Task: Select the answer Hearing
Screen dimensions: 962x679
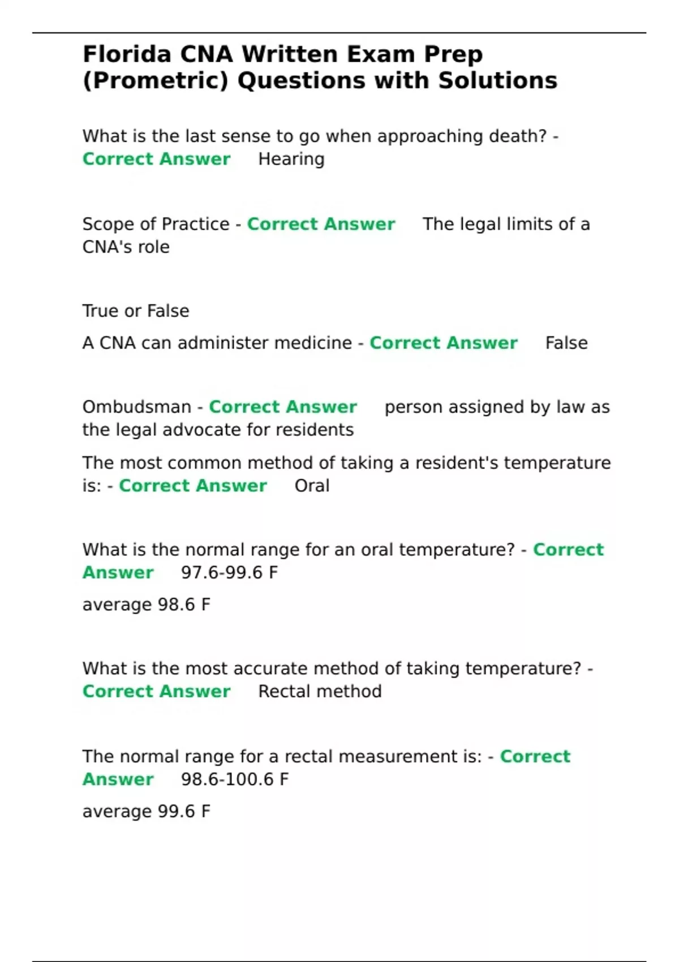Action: (x=291, y=159)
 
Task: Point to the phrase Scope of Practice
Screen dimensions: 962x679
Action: (x=156, y=224)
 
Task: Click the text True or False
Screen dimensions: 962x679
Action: (x=136, y=311)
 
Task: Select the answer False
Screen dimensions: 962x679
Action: (x=566, y=343)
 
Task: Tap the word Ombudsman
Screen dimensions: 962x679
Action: (x=137, y=407)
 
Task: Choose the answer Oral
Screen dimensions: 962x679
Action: (x=312, y=486)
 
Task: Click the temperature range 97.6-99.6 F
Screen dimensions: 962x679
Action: (x=229, y=573)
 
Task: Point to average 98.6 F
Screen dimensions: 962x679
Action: (x=146, y=604)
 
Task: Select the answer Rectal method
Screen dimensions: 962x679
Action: (x=320, y=692)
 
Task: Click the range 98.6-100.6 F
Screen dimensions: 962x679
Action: (x=234, y=779)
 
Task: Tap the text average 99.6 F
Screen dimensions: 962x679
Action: (x=146, y=811)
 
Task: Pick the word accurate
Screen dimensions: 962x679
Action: (x=270, y=668)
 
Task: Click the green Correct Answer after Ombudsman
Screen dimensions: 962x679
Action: (x=283, y=407)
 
